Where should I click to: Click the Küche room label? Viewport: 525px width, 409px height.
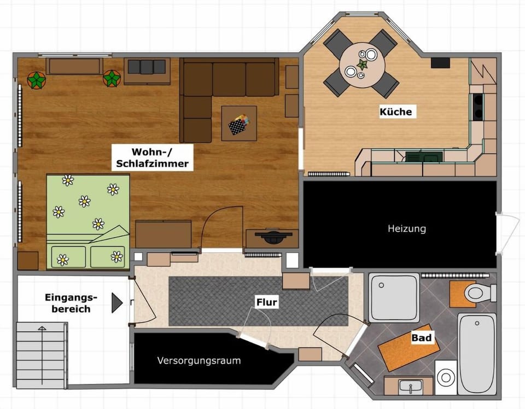(x=395, y=112)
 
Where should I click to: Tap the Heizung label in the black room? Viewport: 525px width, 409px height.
(x=407, y=229)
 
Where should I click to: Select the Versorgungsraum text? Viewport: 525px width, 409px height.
(x=199, y=361)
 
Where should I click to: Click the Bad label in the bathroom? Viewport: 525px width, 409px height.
(x=422, y=338)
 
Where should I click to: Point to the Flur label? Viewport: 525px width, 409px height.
(x=267, y=302)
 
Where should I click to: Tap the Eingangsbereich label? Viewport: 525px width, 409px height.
(x=71, y=303)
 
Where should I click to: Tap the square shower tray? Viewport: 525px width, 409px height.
(x=394, y=298)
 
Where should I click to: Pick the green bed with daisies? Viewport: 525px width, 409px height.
(x=87, y=221)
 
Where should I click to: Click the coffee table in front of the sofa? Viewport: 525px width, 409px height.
(x=239, y=123)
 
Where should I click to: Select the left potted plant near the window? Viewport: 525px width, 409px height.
(x=37, y=80)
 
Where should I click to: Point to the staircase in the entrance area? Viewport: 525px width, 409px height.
(x=42, y=353)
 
